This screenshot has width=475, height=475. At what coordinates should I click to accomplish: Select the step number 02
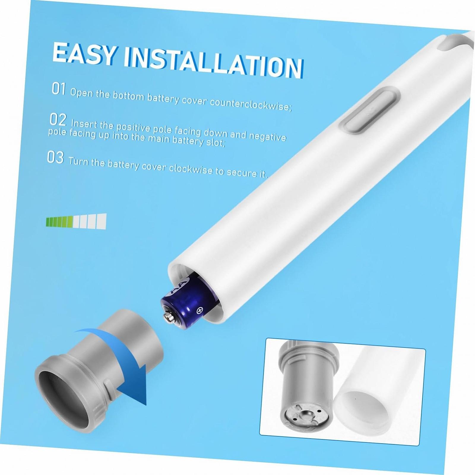(58, 119)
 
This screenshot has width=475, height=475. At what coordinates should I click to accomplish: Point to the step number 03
(56, 157)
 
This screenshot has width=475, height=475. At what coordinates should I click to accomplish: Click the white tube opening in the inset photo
(363, 409)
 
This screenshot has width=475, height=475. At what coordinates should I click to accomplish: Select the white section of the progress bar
(89, 221)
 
